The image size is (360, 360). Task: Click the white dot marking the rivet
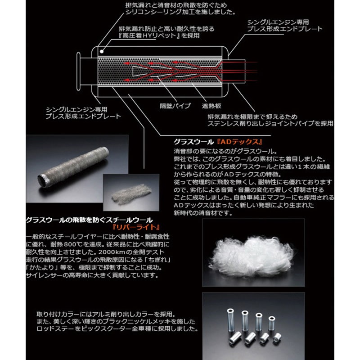[x=102, y=51]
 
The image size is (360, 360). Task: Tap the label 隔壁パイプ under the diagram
[x=175, y=106]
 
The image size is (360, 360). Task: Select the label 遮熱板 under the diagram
[x=211, y=106]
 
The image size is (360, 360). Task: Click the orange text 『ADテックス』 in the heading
[x=239, y=142]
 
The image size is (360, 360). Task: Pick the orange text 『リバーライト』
[x=136, y=227]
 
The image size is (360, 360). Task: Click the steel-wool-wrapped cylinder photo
[x=76, y=167]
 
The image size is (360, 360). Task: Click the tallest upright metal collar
[x=230, y=320]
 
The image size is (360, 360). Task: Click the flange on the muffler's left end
[x=78, y=72]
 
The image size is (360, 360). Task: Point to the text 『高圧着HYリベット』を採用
[x=159, y=36]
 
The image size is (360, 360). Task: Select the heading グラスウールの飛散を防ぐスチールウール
[x=89, y=220]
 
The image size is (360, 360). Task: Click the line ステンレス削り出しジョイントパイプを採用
[x=270, y=123]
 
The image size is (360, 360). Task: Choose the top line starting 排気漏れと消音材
[x=176, y=5]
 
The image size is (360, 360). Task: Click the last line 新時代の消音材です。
[x=203, y=213]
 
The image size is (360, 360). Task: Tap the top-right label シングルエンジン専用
[x=278, y=22]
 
